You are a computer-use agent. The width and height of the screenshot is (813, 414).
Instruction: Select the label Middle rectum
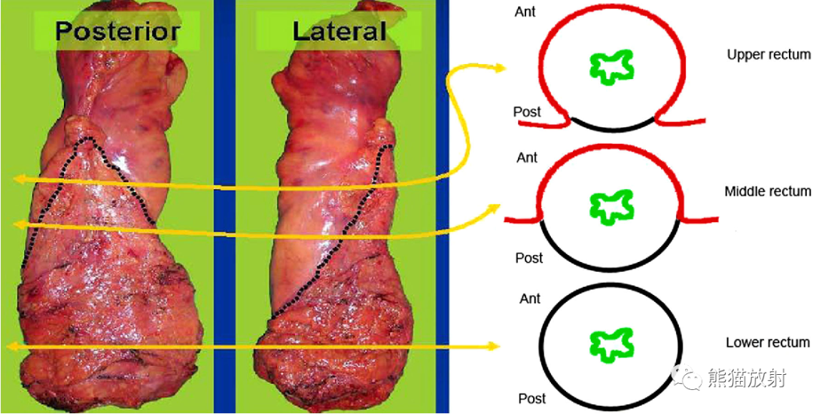click(x=768, y=192)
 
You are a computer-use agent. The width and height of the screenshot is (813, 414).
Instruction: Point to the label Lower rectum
click(x=768, y=342)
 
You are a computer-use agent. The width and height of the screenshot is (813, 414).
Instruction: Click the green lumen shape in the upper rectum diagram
click(x=614, y=67)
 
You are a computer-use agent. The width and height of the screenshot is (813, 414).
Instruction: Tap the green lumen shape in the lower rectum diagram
click(x=613, y=344)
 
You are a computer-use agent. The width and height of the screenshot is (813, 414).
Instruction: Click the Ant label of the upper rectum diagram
click(x=525, y=11)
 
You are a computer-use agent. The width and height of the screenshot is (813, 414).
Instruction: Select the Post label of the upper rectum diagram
click(x=527, y=112)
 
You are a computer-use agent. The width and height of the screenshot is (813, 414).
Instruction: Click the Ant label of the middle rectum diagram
click(x=527, y=157)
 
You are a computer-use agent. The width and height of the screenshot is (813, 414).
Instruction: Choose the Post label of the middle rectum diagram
click(x=529, y=257)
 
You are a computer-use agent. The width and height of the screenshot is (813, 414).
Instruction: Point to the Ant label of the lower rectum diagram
click(x=531, y=299)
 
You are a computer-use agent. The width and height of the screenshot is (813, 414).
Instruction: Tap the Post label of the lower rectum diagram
click(x=532, y=398)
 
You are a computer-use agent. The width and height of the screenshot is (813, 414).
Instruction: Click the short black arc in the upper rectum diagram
click(x=614, y=126)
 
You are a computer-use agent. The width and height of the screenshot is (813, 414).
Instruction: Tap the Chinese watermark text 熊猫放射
click(x=745, y=379)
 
